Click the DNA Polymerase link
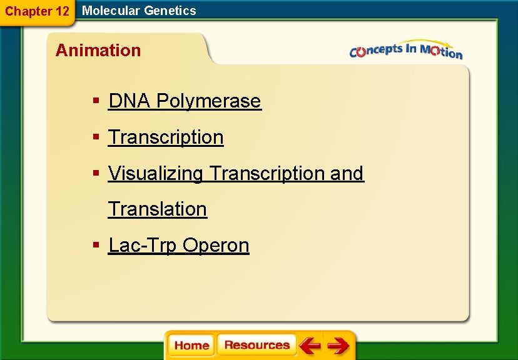[185, 101]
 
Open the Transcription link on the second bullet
[166, 137]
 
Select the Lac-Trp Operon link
[178, 246]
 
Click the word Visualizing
[156, 174]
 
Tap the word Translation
[158, 209]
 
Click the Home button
[191, 346]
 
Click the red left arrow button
[309, 346]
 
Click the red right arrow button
[338, 346]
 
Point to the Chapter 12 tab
[37, 11]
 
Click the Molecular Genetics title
[139, 11]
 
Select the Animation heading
[98, 51]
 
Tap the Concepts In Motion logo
[406, 51]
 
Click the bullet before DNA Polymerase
[96, 101]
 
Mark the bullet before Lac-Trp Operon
[96, 246]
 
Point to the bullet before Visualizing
[96, 174]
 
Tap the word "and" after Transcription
[347, 174]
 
